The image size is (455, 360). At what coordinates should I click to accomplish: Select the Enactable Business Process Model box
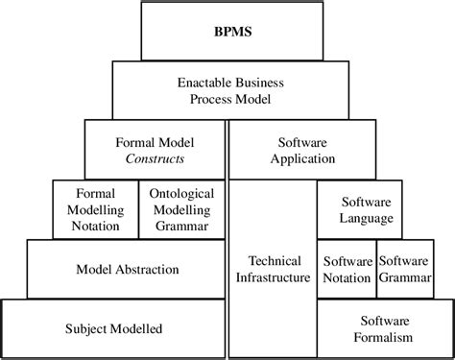(227, 90)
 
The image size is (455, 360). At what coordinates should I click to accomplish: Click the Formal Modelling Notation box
(86, 209)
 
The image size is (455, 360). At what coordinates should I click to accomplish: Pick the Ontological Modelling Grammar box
(182, 209)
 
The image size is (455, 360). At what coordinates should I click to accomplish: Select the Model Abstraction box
(127, 269)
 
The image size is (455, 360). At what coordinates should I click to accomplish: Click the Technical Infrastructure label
(273, 269)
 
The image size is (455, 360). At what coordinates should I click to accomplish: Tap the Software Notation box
(347, 269)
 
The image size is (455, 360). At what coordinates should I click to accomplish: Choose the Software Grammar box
(405, 269)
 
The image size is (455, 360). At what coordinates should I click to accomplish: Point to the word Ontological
(182, 193)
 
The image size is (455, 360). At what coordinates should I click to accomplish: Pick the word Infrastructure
(273, 277)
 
